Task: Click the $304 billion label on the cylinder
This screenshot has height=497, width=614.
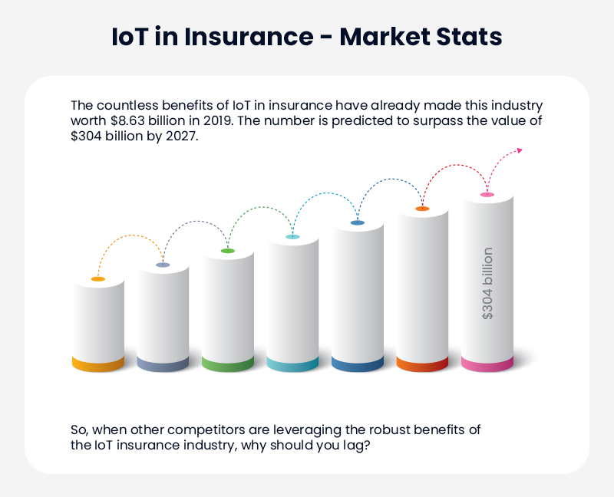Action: pos(487,283)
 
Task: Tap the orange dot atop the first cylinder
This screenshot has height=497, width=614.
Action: pos(98,279)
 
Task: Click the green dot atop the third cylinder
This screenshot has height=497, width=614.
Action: pos(228,251)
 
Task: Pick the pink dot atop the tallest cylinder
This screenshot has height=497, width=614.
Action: pos(487,195)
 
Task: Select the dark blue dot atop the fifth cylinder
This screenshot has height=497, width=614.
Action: pos(358,222)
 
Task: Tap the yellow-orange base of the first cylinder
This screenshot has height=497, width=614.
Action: pos(98,364)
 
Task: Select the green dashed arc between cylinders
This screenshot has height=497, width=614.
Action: pos(260,209)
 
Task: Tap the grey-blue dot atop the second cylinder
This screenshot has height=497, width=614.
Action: pos(163,265)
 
